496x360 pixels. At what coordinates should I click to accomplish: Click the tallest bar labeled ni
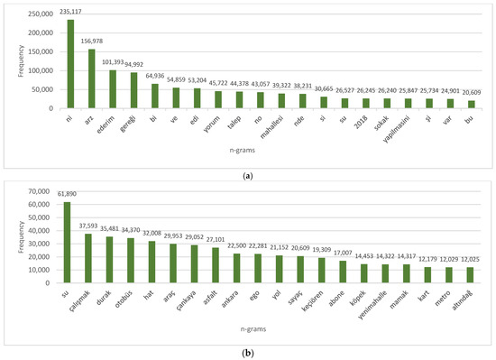70,64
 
